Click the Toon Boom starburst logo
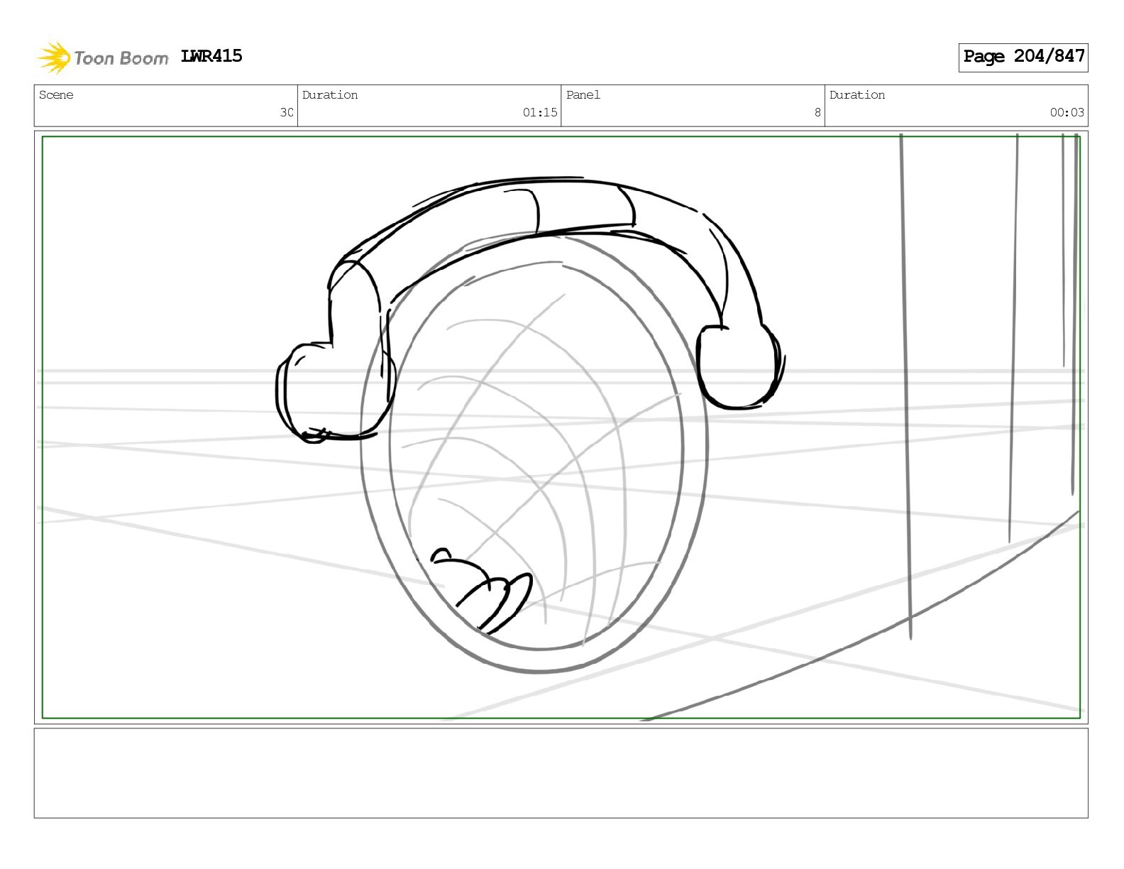[54, 58]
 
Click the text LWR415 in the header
[211, 56]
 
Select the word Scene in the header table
[56, 94]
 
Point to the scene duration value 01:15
[539, 112]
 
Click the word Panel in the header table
[583, 94]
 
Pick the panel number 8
[817, 112]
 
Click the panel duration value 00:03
[1067, 112]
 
